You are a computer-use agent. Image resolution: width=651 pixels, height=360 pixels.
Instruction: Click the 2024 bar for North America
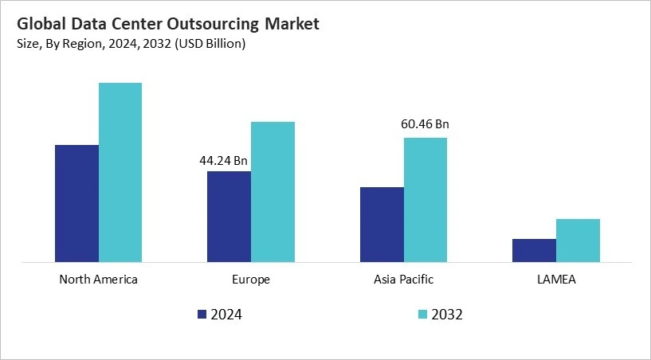[76, 203]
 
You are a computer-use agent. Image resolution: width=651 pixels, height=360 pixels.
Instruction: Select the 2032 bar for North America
[120, 172]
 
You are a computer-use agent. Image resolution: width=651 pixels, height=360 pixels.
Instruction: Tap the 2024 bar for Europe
[229, 216]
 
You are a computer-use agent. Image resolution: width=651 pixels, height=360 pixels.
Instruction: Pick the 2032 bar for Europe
[273, 191]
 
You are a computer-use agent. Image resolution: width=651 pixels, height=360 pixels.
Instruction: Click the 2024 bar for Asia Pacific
[382, 224]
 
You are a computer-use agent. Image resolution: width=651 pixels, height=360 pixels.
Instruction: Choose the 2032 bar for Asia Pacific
[425, 199]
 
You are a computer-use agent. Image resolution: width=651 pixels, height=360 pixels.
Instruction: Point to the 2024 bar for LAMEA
[534, 250]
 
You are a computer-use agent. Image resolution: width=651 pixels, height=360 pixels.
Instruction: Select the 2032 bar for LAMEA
[578, 240]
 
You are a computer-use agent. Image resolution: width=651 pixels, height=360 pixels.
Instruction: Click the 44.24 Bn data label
[223, 161]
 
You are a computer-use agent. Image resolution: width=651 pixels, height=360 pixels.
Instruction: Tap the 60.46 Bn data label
[424, 124]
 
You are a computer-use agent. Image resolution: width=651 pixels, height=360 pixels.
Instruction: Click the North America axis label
[99, 280]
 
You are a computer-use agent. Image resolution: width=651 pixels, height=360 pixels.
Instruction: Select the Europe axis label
[251, 280]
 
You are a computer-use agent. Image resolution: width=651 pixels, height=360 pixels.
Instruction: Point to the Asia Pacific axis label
[403, 280]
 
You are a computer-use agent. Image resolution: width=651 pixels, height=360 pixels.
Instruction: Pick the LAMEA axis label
[555, 280]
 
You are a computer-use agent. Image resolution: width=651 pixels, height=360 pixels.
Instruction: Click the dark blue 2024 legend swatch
[202, 314]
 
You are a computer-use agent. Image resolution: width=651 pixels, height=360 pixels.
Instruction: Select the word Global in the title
[37, 24]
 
